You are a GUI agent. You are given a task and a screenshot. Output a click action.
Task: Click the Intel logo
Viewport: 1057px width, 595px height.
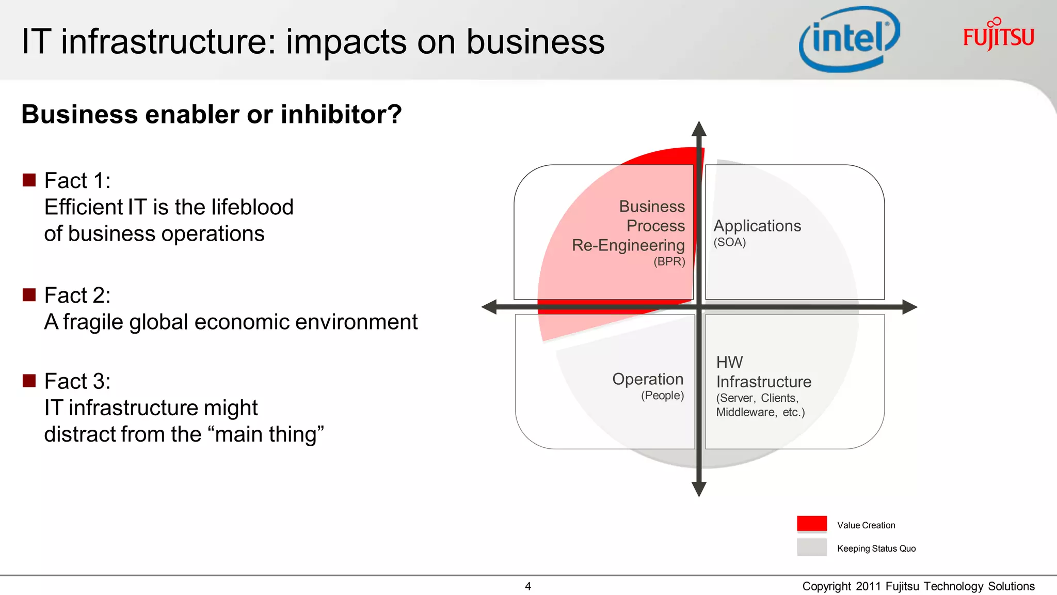[x=849, y=39]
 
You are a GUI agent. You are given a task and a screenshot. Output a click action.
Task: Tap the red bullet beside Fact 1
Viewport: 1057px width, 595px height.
[x=29, y=180]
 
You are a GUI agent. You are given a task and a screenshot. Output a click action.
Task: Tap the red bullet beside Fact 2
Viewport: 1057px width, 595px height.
[x=29, y=294]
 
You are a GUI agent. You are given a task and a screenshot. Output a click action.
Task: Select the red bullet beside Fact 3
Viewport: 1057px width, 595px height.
[x=29, y=381]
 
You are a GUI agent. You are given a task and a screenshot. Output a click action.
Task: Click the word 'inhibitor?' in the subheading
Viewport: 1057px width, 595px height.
[x=341, y=114]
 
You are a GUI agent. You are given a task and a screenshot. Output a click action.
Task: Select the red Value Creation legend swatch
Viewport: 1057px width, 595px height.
[x=811, y=524]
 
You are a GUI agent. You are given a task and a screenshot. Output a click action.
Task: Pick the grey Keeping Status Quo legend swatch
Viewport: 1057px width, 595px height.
[x=811, y=547]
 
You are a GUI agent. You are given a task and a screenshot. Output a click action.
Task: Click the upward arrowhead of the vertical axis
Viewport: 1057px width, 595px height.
[x=699, y=129]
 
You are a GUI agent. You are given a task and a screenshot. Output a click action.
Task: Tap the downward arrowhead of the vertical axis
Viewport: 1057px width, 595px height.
[x=699, y=489]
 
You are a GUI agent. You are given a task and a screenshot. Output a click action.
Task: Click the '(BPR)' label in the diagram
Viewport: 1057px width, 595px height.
[x=669, y=261]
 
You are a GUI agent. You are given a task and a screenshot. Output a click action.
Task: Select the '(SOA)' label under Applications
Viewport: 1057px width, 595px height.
[x=730, y=242]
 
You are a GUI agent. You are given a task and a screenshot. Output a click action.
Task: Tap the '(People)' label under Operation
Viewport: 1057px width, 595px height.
[x=662, y=396]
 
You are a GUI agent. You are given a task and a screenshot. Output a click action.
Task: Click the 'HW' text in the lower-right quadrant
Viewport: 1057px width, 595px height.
[x=729, y=362]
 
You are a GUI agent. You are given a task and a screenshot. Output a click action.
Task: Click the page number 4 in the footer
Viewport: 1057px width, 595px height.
[x=527, y=586]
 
